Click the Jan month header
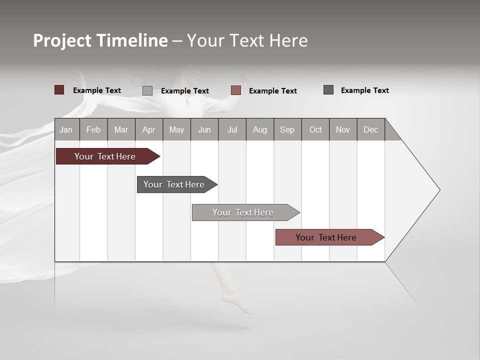pos(66,129)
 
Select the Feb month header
pos(93,129)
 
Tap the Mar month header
pos(121,129)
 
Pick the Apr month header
pos(149,129)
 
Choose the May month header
pos(176,129)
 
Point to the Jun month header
pos(204,129)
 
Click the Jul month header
pos(232,129)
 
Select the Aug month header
pos(260,129)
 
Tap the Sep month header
pos(287,129)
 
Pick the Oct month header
pos(315,129)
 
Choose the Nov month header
pos(343,129)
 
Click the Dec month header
pos(371,129)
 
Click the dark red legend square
pos(59,90)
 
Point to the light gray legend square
pos(147,90)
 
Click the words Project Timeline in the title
pos(100,40)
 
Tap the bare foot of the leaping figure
pos(237,303)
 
